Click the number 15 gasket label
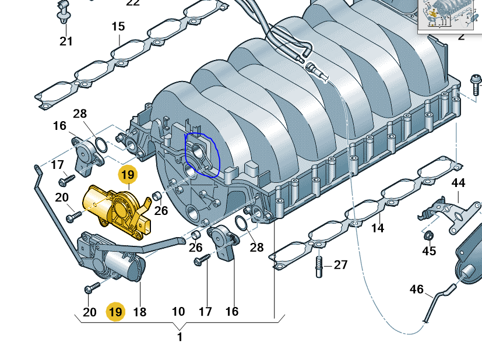pos(118,27)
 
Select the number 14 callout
pos(378,228)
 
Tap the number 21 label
pos(66,41)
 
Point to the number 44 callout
pos(458,183)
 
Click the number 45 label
pos(429,251)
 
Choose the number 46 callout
pos(417,289)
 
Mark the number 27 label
pos(340,265)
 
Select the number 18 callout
pos(139,312)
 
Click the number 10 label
pos(178,312)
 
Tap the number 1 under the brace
pos(180,337)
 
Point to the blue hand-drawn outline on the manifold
pos(201,154)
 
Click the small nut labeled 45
pos(427,236)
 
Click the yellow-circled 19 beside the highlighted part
pos(127,174)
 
